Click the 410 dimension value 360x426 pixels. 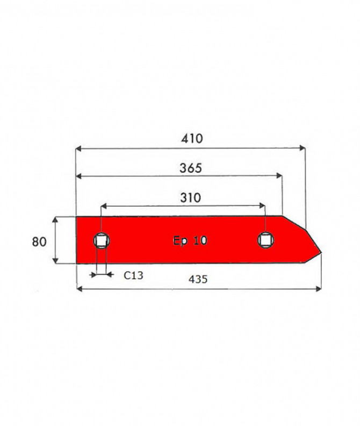[192, 139]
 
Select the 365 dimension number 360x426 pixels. [191, 168]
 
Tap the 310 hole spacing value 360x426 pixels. [191, 198]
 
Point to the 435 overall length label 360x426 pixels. [198, 279]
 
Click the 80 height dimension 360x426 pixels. [39, 242]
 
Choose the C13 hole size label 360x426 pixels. [133, 275]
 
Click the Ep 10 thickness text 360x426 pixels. [190, 241]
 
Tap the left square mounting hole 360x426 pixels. [102, 241]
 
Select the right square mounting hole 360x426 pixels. [265, 240]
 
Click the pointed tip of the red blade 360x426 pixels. [321, 253]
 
